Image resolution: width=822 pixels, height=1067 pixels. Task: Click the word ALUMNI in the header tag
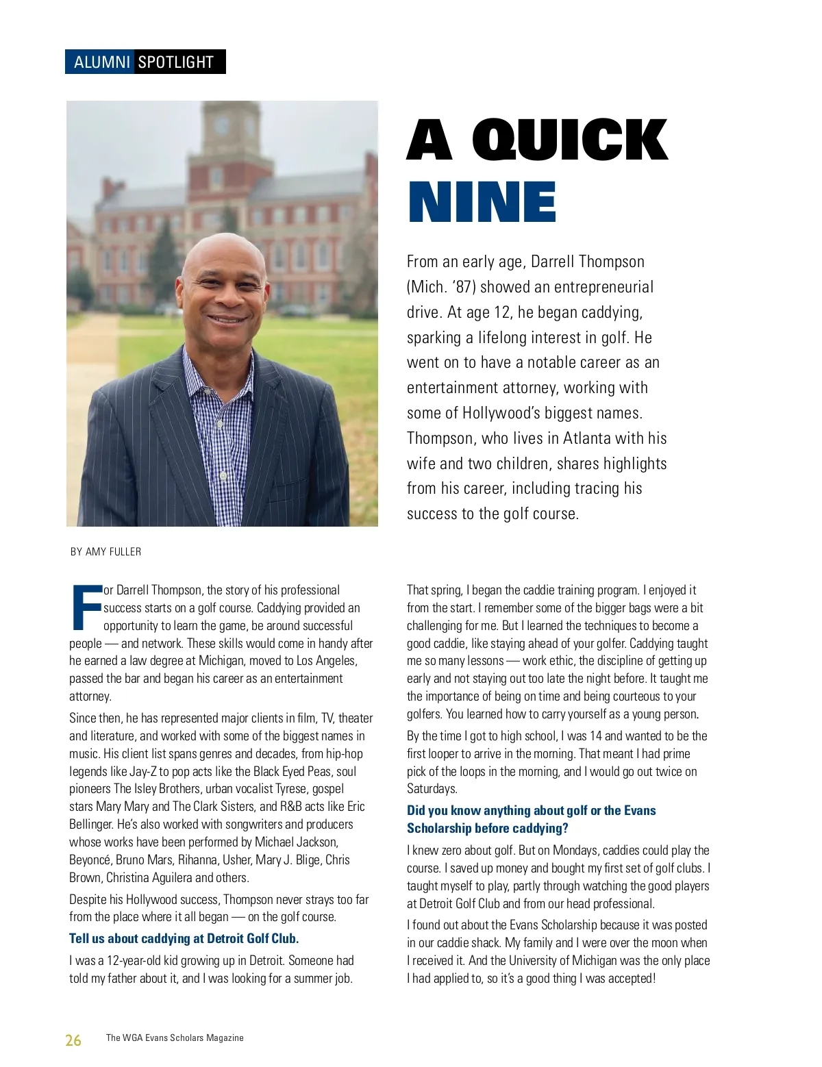pyautogui.click(x=101, y=62)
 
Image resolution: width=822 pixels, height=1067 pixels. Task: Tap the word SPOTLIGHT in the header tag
pyautogui.click(x=176, y=62)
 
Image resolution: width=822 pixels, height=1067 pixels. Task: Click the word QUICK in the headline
pyautogui.click(x=569, y=140)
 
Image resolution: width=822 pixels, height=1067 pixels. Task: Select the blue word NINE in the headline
pyautogui.click(x=482, y=203)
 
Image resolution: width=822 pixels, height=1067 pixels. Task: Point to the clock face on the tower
pyautogui.click(x=221, y=126)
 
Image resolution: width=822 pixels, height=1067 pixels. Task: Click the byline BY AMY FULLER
pyautogui.click(x=105, y=551)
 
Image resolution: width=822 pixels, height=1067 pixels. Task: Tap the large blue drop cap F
pyautogui.click(x=86, y=607)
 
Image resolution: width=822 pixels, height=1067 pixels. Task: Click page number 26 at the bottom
pyautogui.click(x=73, y=1040)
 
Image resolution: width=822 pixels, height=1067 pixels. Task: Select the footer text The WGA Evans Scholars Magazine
pyautogui.click(x=175, y=1038)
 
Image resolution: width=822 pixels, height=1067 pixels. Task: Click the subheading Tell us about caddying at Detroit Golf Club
pyautogui.click(x=184, y=938)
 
